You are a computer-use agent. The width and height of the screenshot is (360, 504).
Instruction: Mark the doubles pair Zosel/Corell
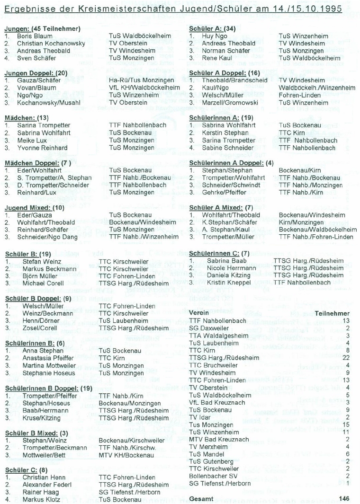(x=37, y=327)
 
